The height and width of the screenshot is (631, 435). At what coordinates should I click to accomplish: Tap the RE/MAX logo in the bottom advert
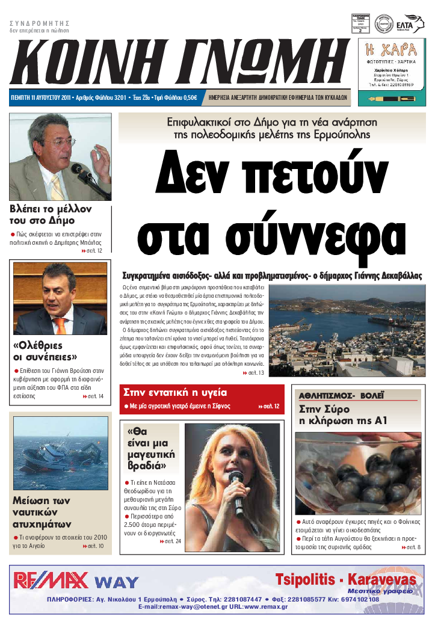(51, 580)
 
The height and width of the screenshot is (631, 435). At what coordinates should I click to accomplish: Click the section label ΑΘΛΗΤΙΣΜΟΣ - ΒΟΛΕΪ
(341, 396)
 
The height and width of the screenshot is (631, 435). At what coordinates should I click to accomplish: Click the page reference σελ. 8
(413, 547)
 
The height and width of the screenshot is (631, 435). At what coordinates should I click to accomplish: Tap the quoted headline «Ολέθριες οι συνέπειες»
(38, 352)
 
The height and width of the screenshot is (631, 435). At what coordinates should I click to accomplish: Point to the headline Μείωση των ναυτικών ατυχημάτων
(42, 511)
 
